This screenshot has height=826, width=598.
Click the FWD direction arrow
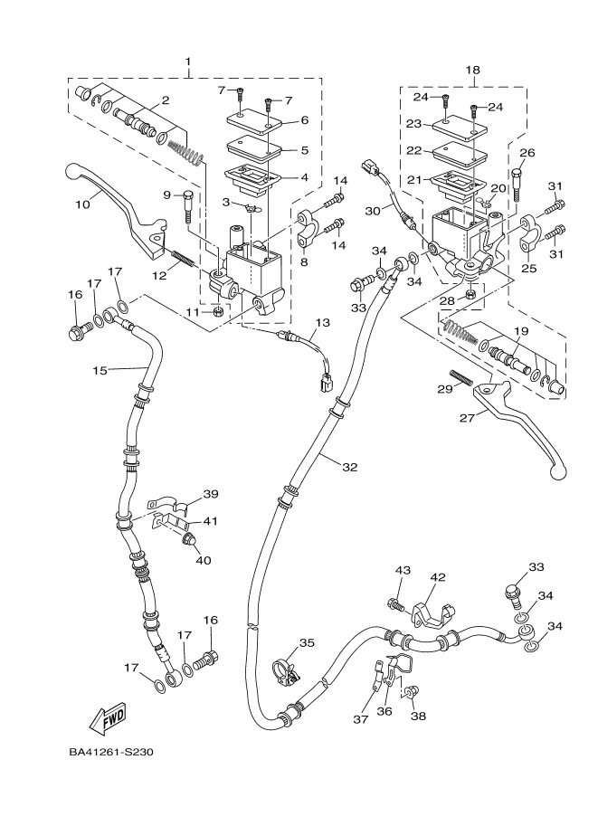click(x=107, y=720)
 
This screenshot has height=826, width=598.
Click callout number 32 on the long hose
click(x=350, y=467)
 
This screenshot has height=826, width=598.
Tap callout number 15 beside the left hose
click(x=100, y=369)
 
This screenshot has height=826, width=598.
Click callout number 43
click(x=403, y=570)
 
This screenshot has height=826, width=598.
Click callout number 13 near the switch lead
click(x=323, y=323)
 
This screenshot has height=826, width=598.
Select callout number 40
click(x=203, y=560)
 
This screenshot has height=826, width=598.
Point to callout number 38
click(x=418, y=717)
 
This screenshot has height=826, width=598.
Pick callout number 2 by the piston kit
click(x=166, y=101)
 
